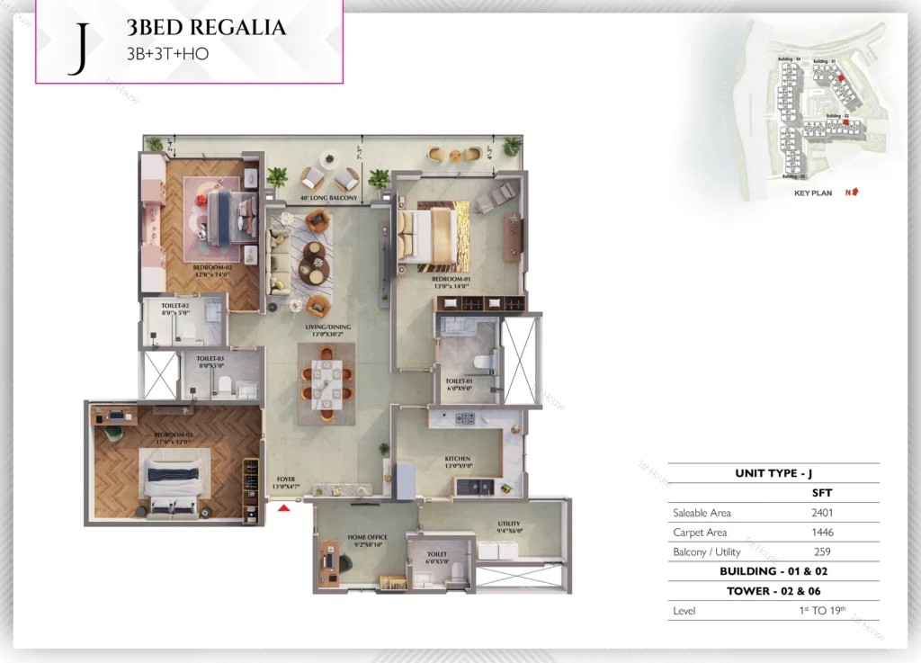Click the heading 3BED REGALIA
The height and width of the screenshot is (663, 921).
207,28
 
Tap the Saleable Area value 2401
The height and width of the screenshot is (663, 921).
821,513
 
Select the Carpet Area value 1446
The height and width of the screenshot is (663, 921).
821,533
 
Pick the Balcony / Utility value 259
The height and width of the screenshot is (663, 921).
821,551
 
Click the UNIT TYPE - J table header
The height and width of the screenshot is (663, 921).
773,473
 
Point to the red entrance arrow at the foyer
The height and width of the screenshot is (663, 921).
284,508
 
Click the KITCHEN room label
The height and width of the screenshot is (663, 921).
458,459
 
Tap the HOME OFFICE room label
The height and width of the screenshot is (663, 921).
366,537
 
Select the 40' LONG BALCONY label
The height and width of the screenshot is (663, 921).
328,198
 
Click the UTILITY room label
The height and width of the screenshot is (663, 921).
509,524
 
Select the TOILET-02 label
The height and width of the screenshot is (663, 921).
175,307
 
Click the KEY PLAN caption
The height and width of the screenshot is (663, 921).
813,193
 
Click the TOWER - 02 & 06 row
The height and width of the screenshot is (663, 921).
773,591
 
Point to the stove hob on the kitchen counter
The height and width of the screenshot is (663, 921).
466,418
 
